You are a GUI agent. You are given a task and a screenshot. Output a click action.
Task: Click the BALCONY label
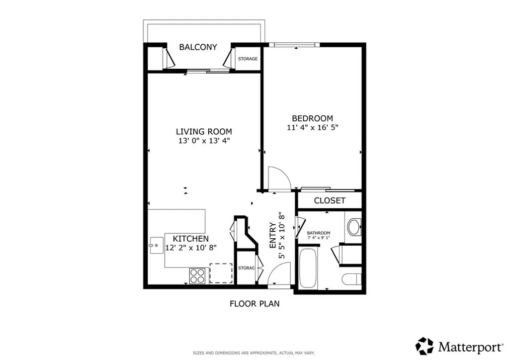coord(198,47)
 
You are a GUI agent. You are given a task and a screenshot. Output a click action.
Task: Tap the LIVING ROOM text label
coord(204,132)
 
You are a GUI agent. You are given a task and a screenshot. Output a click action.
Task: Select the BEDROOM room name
coord(312,118)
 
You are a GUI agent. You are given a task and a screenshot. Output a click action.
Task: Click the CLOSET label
coord(330,200)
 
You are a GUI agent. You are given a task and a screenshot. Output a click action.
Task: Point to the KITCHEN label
coord(190,239)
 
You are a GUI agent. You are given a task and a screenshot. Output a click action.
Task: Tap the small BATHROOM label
coord(319,233)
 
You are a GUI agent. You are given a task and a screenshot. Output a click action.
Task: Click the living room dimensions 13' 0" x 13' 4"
coord(204,141)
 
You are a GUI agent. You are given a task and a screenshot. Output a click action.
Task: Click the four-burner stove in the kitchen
coord(197,275)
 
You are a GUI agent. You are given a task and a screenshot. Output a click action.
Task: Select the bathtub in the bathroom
coord(308,269)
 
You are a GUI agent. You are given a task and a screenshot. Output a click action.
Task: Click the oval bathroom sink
coord(354,227)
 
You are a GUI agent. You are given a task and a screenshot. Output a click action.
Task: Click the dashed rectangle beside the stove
coord(221,273)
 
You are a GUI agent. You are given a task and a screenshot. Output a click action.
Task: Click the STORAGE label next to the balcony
coord(248,59)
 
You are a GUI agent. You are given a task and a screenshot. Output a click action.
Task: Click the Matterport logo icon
coord(424,346)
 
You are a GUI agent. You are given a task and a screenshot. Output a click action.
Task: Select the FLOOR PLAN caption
coord(254,303)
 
